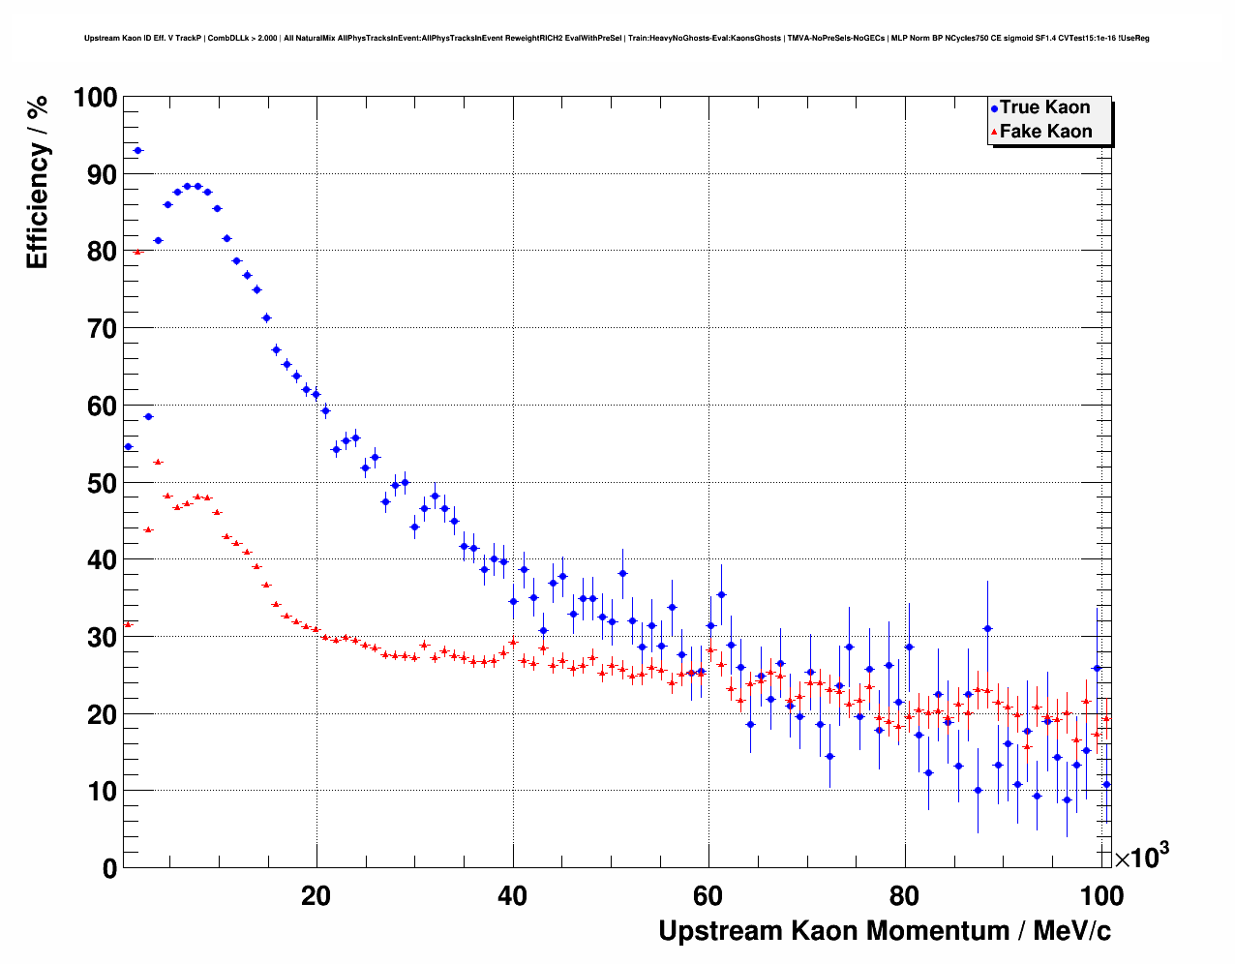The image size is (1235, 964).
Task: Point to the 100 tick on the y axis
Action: point(95,98)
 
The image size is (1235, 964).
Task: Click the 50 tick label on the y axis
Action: point(102,483)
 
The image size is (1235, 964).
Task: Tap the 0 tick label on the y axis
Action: point(109,868)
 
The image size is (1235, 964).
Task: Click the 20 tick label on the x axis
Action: point(316,896)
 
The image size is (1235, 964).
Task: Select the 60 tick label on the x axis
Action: point(708,896)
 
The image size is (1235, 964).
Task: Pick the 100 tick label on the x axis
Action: point(1101,896)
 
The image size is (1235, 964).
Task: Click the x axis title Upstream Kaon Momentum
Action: point(885,931)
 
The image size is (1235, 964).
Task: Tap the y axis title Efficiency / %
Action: point(37,183)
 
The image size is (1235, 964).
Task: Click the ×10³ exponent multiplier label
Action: point(1142,857)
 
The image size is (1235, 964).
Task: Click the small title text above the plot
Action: point(617,38)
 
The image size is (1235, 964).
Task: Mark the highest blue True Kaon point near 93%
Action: point(137,150)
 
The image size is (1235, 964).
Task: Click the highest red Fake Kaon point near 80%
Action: point(137,252)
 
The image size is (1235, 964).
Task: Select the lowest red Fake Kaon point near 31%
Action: point(128,624)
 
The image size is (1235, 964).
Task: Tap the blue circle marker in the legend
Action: point(994,108)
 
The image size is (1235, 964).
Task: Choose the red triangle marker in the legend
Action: point(994,133)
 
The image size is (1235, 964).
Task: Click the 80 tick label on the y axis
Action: point(102,252)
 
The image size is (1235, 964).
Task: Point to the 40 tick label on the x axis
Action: point(512,896)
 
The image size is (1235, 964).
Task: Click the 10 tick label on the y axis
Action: point(102,791)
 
